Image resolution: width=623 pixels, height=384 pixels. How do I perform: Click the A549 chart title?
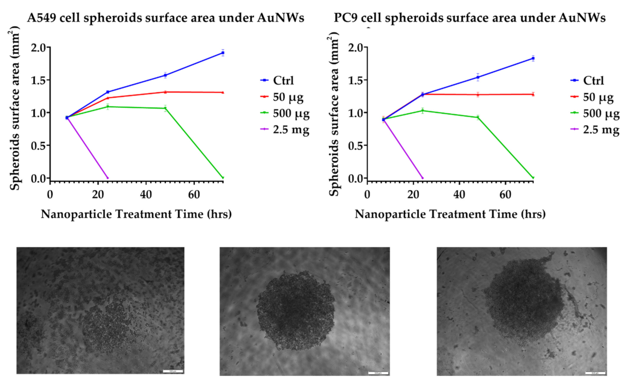pyautogui.click(x=165, y=18)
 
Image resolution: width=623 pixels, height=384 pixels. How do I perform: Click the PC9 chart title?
pyautogui.click(x=470, y=18)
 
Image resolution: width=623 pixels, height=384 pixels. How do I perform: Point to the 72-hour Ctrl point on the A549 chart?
pyautogui.click(x=223, y=53)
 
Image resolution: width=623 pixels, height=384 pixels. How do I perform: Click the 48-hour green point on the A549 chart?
pyautogui.click(x=165, y=108)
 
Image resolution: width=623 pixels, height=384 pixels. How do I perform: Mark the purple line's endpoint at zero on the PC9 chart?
pyautogui.click(x=423, y=178)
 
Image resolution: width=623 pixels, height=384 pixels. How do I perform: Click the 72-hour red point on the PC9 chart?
pyautogui.click(x=533, y=94)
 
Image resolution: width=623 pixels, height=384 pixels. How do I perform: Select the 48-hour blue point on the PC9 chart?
pyautogui.click(x=478, y=77)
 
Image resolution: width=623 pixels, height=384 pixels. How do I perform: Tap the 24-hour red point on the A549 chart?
pyautogui.click(x=108, y=98)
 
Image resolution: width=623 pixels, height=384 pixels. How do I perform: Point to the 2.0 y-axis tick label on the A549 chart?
pyautogui.click(x=38, y=48)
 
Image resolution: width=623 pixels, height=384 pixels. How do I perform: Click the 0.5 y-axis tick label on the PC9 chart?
pyautogui.click(x=355, y=145)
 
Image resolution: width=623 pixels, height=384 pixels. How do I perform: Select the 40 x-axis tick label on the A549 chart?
pyautogui.click(x=146, y=194)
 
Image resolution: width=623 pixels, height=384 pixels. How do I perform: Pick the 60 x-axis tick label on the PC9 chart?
pyautogui.click(x=505, y=194)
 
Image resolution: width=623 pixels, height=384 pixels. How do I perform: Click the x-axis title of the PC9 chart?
pyautogui.click(x=450, y=214)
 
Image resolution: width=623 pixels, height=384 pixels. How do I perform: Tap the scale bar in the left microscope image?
pyautogui.click(x=173, y=371)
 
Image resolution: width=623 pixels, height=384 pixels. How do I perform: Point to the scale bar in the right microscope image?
pyautogui.click(x=595, y=373)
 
